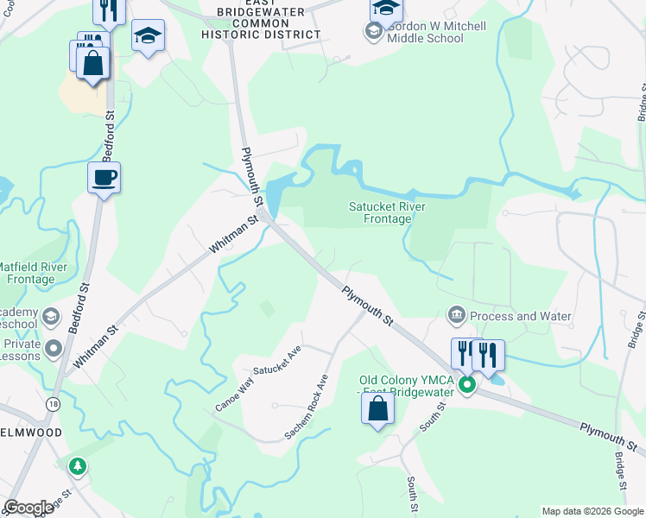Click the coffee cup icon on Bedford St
click(104, 178)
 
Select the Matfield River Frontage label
click(31, 272)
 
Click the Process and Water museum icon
click(456, 316)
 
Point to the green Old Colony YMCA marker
click(467, 384)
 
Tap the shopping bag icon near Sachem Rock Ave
click(377, 408)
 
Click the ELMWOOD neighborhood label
click(28, 432)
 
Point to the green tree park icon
click(79, 466)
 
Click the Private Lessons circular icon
click(53, 348)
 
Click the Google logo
click(28, 508)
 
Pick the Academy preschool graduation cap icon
click(51, 316)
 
